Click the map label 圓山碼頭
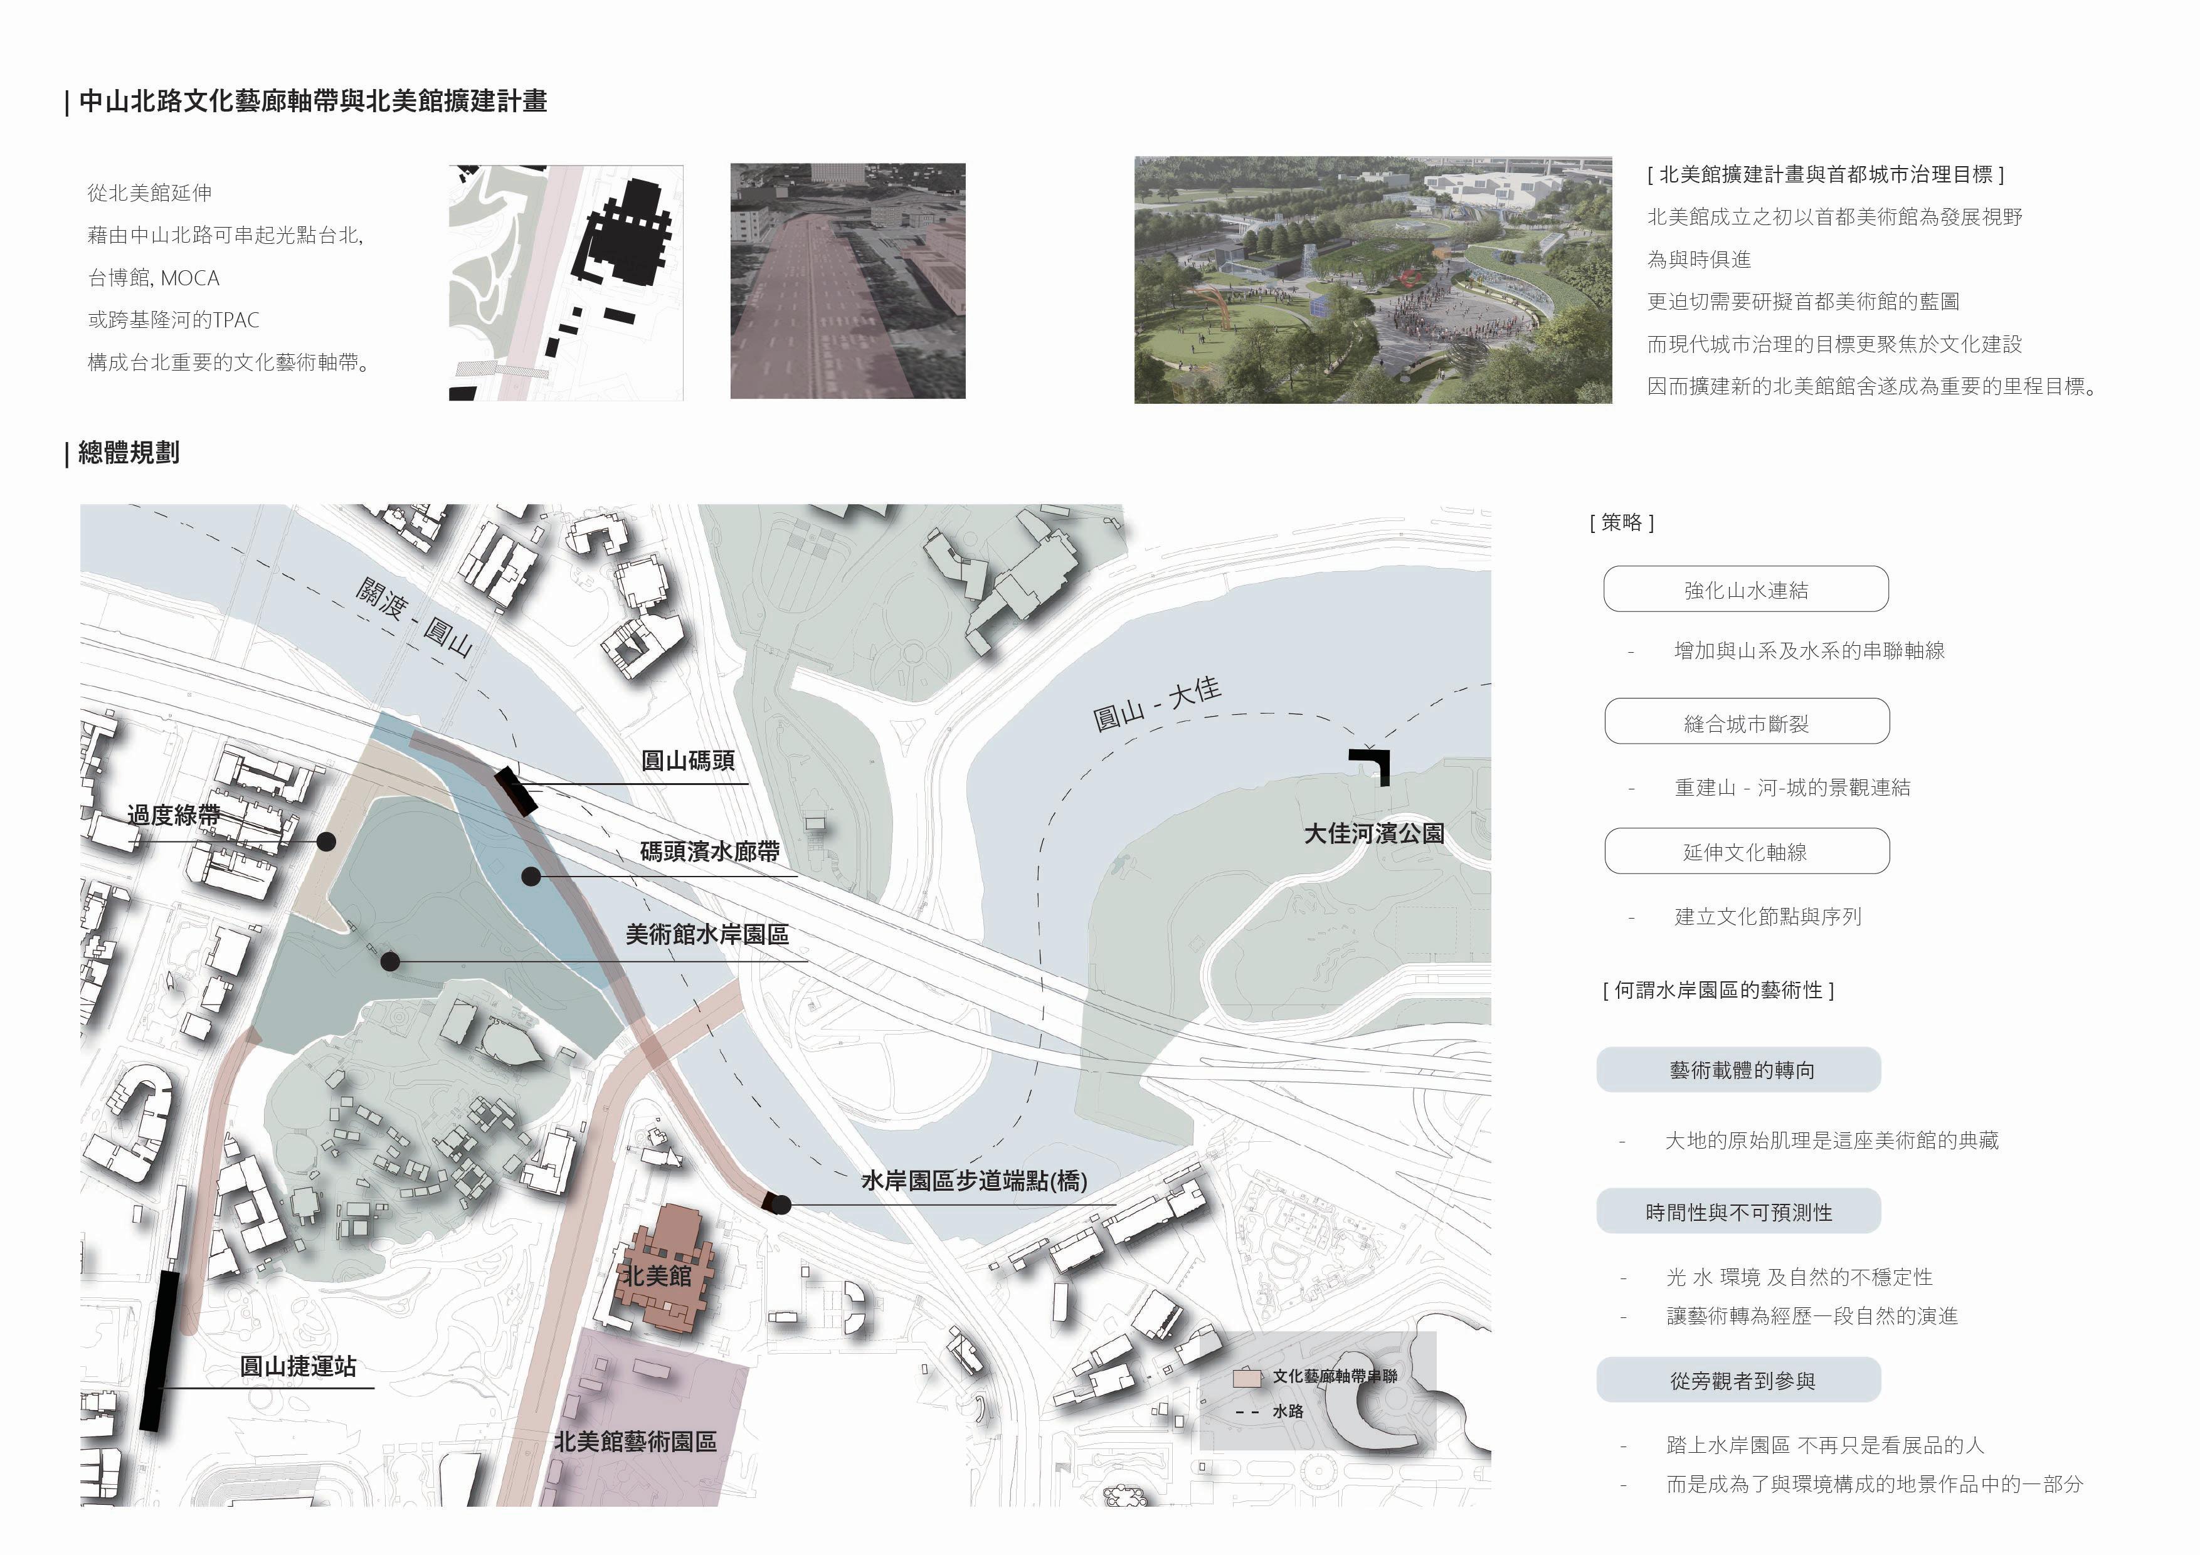point(688,761)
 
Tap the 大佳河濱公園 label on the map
point(1373,833)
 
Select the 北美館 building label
point(657,1275)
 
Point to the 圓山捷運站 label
point(298,1366)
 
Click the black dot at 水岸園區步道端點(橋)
point(782,1205)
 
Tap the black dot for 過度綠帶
point(325,842)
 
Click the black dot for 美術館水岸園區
point(390,961)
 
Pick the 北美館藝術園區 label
point(635,1442)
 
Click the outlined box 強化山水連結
point(1746,589)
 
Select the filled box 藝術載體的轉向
point(1738,1070)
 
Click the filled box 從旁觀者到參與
point(1738,1381)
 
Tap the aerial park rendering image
point(1372,280)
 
